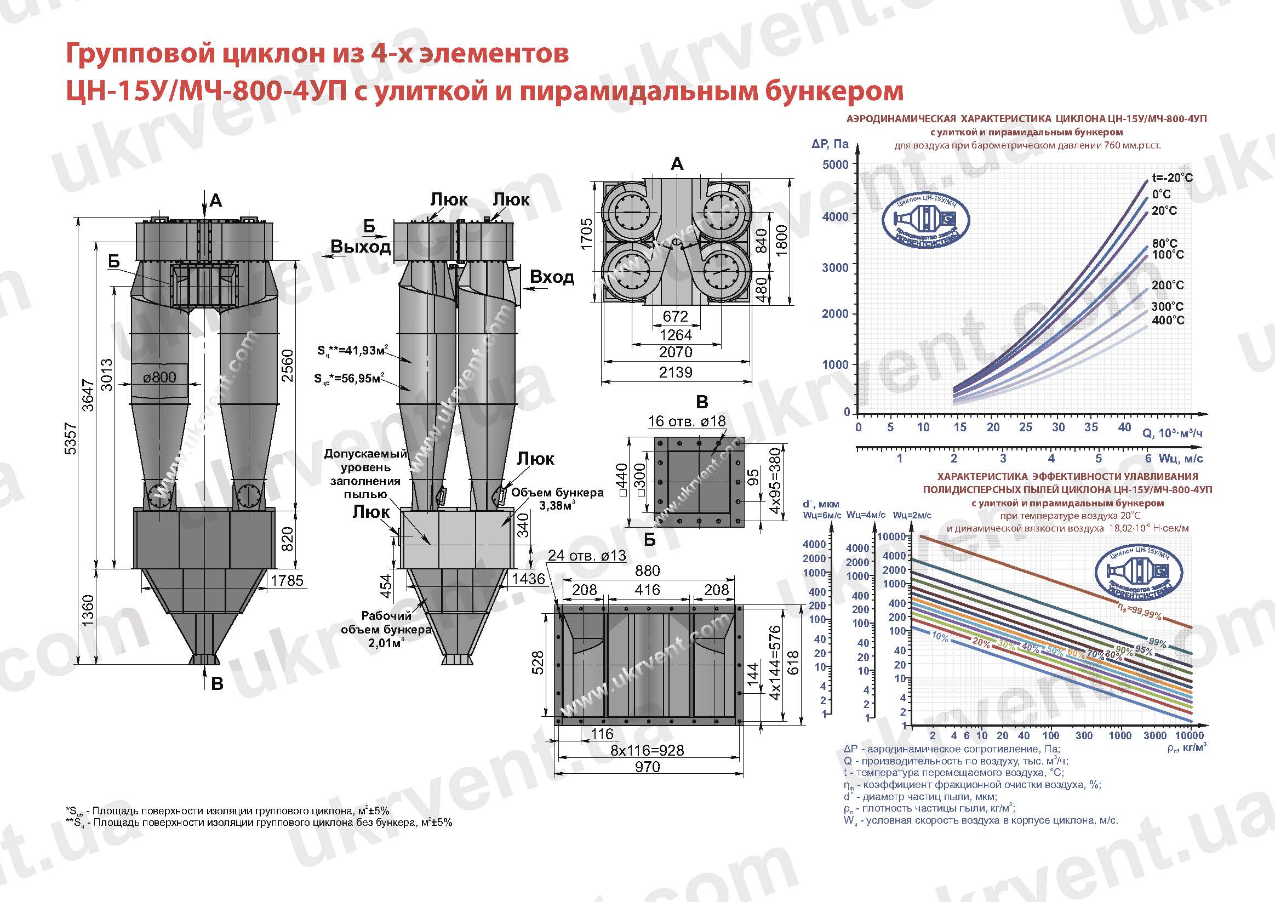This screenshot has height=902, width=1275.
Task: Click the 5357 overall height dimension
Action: pos(71,439)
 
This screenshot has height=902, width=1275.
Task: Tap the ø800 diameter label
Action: pos(159,377)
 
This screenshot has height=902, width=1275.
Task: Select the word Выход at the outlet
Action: pos(361,247)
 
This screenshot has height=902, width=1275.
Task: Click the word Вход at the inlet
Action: pos(551,277)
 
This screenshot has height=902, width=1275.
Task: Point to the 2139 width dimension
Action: pos(675,372)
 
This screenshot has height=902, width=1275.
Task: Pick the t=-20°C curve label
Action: pos(1171,178)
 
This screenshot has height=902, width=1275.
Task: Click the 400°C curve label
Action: pos(1168,320)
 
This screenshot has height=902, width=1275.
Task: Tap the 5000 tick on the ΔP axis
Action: pos(835,164)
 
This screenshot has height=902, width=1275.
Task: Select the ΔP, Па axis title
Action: pos(830,145)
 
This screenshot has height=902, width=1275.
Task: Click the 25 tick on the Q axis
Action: pos(1025,427)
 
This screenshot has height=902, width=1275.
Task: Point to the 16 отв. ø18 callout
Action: pos(687,421)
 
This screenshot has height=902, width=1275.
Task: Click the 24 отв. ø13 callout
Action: pos(586,555)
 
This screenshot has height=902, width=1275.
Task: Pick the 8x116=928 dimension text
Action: pos(647,750)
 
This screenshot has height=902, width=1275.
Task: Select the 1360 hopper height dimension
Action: pos(88,610)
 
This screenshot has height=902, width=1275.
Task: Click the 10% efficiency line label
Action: pos(940,637)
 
